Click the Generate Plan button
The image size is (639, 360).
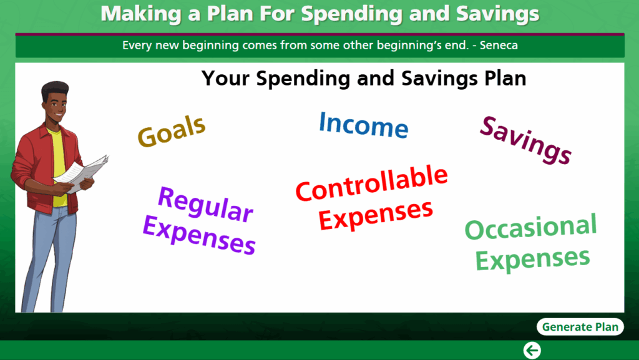coord(580,326)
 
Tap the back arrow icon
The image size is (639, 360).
coord(532,350)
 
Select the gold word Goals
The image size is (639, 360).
coord(172,131)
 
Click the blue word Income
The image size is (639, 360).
coord(364,125)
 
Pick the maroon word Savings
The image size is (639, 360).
coord(525,140)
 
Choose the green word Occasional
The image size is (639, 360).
coord(530,227)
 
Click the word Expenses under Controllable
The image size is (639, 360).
coord(375,215)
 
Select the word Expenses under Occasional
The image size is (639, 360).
coord(533,259)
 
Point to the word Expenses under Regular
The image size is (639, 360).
coord(199,235)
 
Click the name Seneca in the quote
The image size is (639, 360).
coord(499,45)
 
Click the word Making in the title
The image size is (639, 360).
coord(141,14)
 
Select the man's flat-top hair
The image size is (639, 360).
coord(55,90)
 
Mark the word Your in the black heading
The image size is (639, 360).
coord(225,78)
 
